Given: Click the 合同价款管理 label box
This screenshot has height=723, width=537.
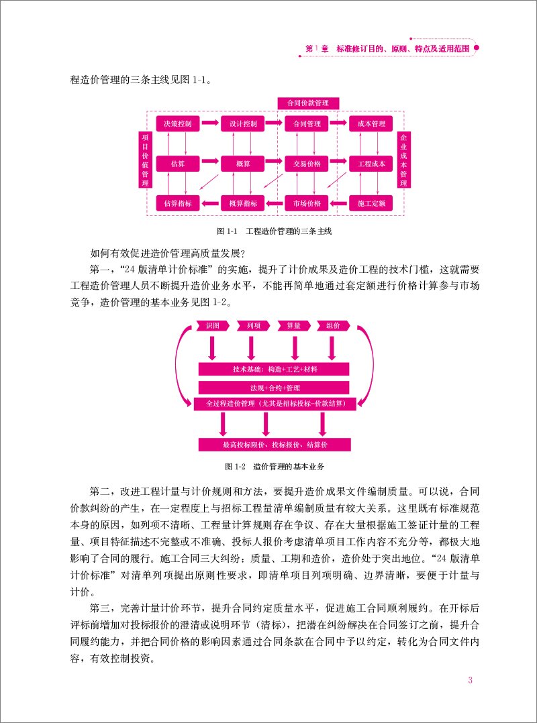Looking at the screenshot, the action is pyautogui.click(x=308, y=103).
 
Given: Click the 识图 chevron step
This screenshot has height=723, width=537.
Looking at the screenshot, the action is pyautogui.click(x=213, y=325).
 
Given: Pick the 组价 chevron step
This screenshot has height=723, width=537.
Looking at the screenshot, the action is pyautogui.click(x=334, y=325).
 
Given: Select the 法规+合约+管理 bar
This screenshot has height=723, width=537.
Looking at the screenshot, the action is pyautogui.click(x=275, y=388).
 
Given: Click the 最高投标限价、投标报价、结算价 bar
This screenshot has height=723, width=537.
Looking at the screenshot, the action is pyautogui.click(x=275, y=445).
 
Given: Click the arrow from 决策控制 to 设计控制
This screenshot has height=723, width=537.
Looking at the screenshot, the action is pyautogui.click(x=210, y=123).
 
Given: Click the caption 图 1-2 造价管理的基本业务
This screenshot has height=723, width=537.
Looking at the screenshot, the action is pyautogui.click(x=275, y=465).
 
